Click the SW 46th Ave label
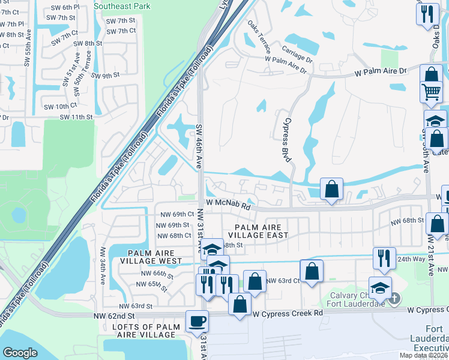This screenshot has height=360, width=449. click(x=199, y=146)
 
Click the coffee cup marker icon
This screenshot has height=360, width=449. click(x=197, y=321)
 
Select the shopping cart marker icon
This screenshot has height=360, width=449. click(x=431, y=93)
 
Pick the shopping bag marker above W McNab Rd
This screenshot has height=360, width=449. click(x=331, y=189)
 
